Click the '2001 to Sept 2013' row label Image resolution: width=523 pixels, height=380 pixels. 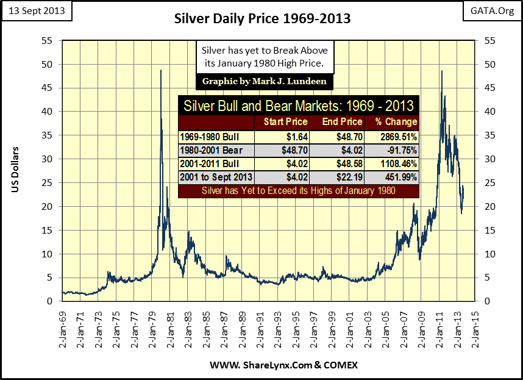215,177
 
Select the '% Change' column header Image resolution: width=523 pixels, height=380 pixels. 397,121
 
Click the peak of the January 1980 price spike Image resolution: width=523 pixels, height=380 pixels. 161,71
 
